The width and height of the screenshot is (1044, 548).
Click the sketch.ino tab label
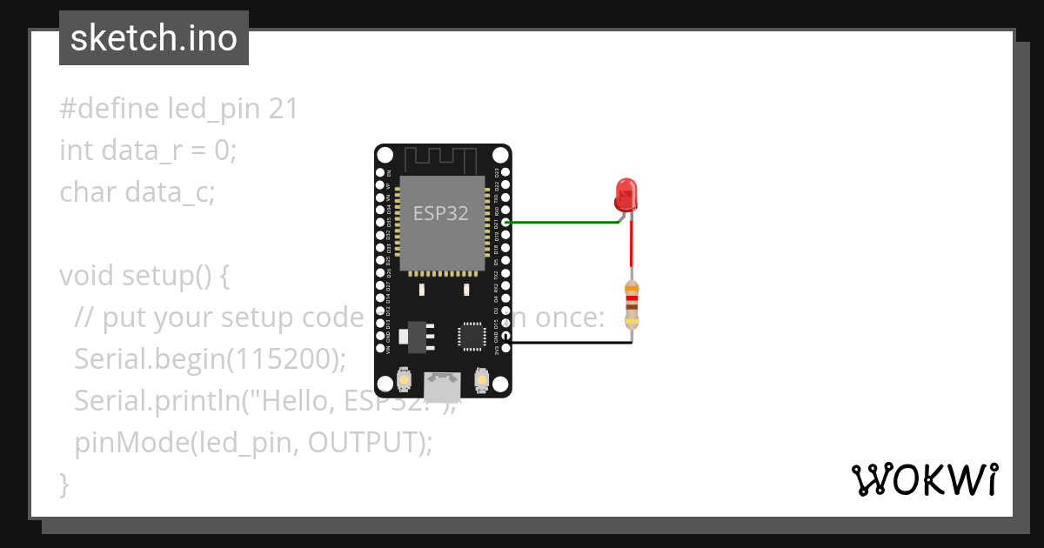153,38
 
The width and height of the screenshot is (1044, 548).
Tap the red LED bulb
625,193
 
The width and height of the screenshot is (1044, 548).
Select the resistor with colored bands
632,305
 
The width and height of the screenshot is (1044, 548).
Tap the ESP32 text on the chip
440,213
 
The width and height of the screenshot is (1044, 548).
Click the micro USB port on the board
442,383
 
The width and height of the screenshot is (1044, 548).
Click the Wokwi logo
924,479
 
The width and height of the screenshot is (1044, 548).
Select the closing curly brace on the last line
64,484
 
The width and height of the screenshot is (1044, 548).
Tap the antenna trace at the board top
442,159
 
